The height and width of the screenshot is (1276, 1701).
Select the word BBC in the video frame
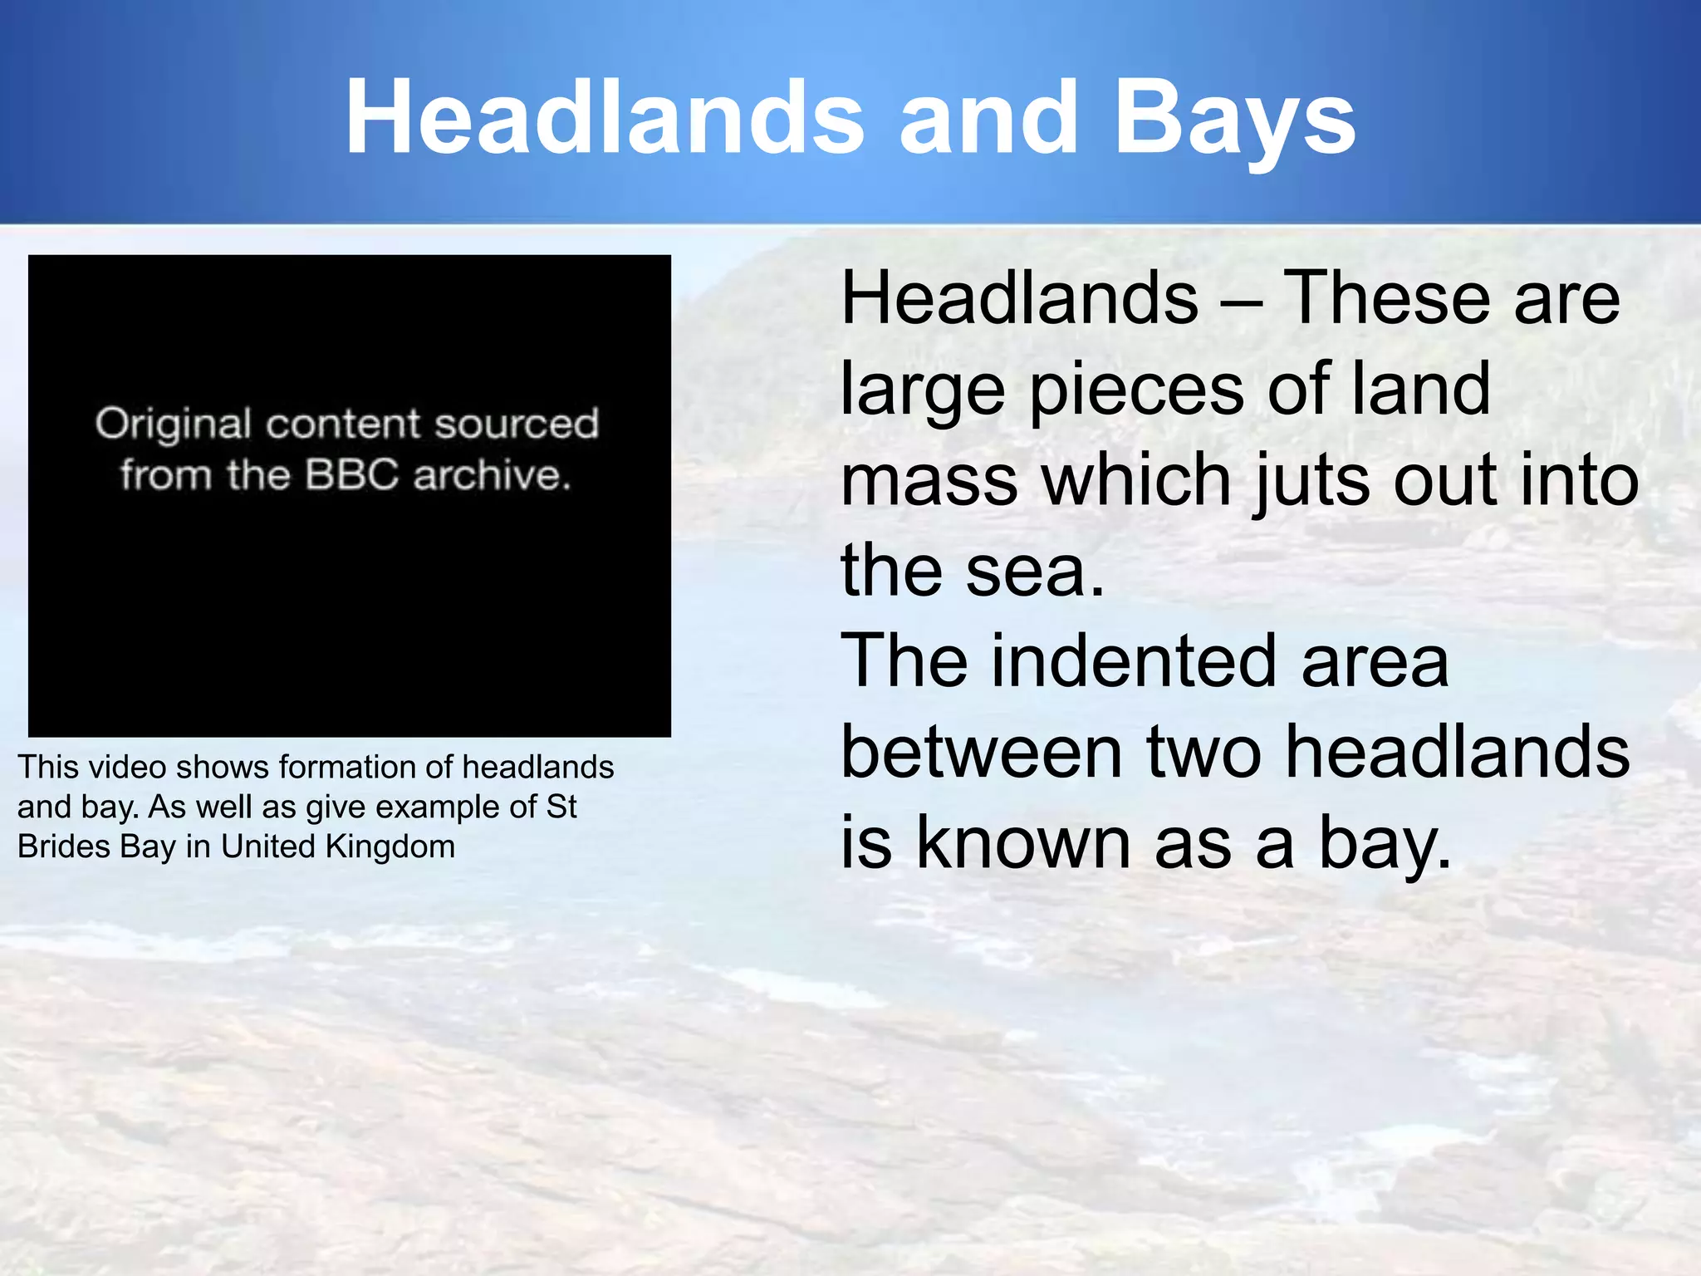click(352, 475)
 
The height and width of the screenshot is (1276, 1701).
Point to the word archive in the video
click(492, 475)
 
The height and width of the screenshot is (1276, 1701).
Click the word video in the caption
click(127, 767)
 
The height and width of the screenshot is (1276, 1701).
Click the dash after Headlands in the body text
click(1242, 301)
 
